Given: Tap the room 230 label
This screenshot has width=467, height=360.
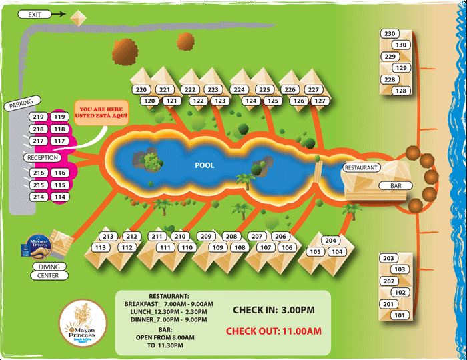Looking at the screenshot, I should [390, 34].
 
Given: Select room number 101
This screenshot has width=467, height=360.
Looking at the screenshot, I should [400, 315].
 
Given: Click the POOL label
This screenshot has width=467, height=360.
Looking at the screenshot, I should [205, 165].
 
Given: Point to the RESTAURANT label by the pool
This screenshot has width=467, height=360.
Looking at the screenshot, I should [361, 167].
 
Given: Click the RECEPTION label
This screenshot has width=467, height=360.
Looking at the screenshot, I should [43, 157].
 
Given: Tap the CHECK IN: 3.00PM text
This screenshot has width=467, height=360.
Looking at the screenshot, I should [273, 310].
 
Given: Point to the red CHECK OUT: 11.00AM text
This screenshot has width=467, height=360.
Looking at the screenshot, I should [274, 330].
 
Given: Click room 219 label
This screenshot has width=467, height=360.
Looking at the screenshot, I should [38, 117].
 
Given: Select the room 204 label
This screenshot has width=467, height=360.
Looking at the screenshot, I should [330, 241].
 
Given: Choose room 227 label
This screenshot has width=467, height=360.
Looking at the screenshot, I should [312, 90].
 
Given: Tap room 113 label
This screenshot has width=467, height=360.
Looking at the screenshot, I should [101, 248].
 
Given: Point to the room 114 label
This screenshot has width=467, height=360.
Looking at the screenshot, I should [60, 197].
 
